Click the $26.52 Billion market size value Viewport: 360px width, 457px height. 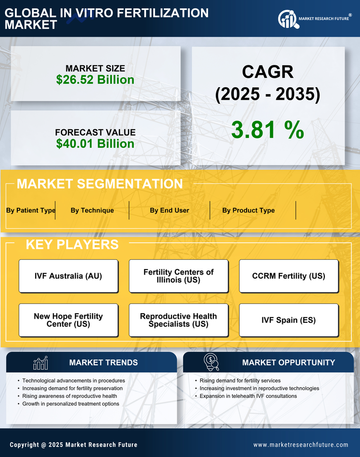pos(95,80)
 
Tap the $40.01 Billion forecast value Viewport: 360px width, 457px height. pos(95,144)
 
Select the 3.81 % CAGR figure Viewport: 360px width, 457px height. pos(267,130)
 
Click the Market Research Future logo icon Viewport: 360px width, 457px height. pos(287,19)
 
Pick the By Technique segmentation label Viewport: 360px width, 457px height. pos(92,210)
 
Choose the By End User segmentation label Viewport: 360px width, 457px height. pos(169,210)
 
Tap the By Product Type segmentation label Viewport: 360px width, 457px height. pos(248,210)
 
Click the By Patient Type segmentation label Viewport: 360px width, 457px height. pos(31,210)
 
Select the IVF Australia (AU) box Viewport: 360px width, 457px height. pos(68,276)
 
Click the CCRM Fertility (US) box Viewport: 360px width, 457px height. pos(289,276)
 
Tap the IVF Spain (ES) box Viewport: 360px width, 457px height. pos(289,320)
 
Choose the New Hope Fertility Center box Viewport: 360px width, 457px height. pos(68,320)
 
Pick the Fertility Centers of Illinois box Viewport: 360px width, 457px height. pos(178,276)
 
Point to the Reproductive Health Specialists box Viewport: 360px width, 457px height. pos(178,320)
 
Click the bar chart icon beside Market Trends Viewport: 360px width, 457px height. pos(40,363)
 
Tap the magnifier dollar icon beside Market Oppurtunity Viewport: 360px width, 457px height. pos(211,362)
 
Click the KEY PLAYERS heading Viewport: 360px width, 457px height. pos(72,244)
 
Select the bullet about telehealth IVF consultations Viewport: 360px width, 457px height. pos(248,396)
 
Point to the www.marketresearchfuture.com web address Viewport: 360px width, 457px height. pos(301,445)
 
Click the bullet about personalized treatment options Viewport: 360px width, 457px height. pos(70,404)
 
